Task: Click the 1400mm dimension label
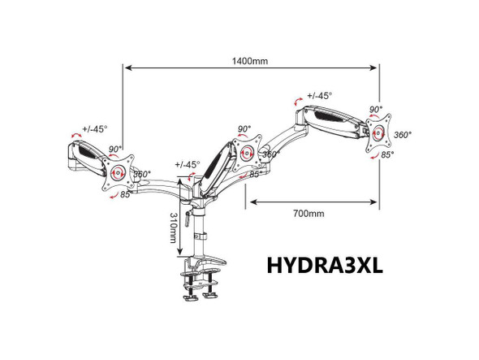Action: pos(250,61)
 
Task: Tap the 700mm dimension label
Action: pos(309,213)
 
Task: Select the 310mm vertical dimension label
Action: pos(173,228)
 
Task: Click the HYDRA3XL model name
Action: pos(325,266)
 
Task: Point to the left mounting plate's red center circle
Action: pos(118,172)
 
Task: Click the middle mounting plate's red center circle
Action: pos(247,153)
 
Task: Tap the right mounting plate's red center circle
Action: pos(378,133)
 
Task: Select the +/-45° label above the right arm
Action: pos(319,96)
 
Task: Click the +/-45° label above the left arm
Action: pos(95,128)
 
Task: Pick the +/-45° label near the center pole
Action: pos(188,165)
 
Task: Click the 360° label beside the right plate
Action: pos(403,135)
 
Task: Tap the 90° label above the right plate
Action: pos(376,110)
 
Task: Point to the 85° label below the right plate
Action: pos(387,155)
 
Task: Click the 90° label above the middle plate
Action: pos(244,128)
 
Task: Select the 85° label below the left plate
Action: pos(125,194)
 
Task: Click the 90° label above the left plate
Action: pos(115,150)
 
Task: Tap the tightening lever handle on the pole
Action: pos(187,219)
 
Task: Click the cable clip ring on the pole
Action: pos(201,236)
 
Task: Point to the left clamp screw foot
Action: pos(190,297)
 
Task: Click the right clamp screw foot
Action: pos(210,295)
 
